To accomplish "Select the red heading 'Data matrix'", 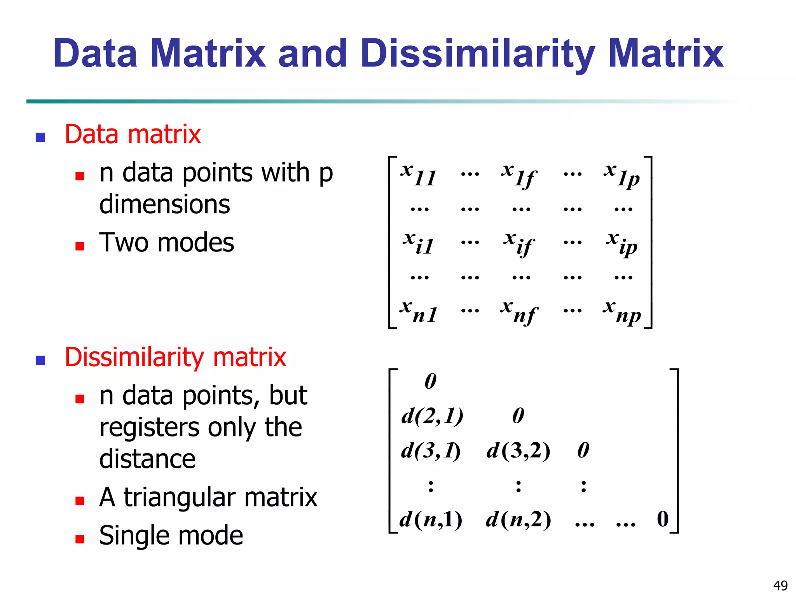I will (133, 134).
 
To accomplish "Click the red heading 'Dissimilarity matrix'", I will (175, 357).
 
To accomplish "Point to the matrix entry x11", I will (418, 175).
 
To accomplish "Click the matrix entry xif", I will (519, 243).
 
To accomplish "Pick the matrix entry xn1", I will (418, 311).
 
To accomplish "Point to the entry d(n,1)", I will (431, 519).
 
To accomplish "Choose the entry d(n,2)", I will (518, 519).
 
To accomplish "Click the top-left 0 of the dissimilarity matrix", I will (431, 381).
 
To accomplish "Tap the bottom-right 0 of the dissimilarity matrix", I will (663, 519).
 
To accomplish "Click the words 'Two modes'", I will (167, 243).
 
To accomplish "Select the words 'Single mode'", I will (171, 536).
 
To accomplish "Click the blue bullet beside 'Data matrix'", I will (40, 138).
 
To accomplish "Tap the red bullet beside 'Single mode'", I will (80, 539).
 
